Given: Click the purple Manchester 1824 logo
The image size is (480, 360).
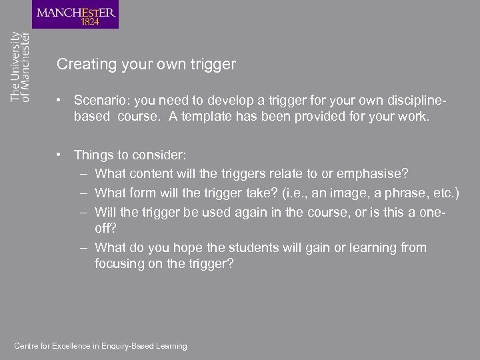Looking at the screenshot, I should [x=75, y=15].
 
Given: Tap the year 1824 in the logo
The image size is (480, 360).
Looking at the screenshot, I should [x=91, y=21].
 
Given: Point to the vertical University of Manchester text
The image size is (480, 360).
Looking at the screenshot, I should [x=20, y=67].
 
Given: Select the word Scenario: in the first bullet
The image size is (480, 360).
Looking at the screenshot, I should [x=101, y=100].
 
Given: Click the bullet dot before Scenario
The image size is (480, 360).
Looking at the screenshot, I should [x=60, y=100].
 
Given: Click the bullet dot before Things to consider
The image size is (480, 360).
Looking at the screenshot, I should [x=60, y=155].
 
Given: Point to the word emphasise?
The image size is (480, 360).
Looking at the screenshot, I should [x=374, y=174].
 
